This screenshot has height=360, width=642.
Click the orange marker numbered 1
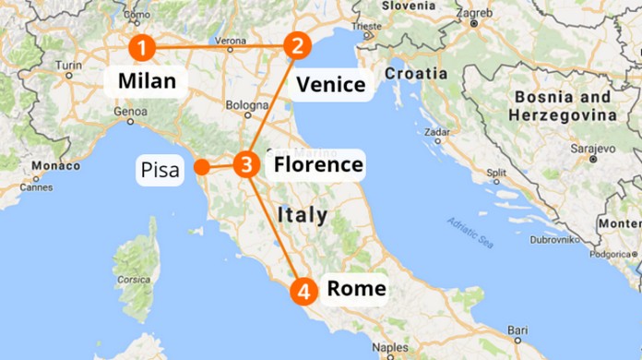click(142, 46)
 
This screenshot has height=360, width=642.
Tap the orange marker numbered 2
click(297, 45)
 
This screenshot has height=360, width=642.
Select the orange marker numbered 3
click(244, 166)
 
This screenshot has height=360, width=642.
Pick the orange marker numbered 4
click(303, 291)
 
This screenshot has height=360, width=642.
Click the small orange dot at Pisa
click(200, 168)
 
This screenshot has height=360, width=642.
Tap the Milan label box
click(147, 80)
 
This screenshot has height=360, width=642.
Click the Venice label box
click(331, 85)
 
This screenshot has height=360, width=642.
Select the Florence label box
click(315, 165)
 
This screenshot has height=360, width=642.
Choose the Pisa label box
click(161, 170)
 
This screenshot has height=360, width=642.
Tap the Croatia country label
click(415, 73)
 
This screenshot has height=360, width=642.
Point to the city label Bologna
click(245, 105)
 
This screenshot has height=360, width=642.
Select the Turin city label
click(68, 66)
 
